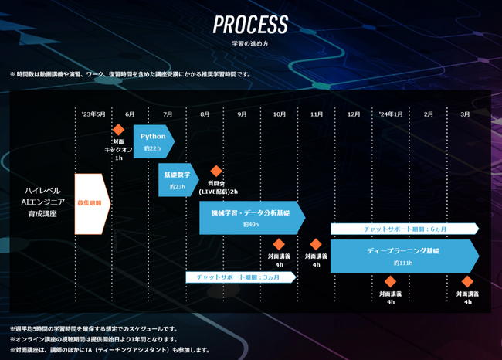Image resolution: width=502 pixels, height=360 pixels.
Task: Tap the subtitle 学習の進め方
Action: coord(250,43)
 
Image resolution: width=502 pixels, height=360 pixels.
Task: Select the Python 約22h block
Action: coord(153,141)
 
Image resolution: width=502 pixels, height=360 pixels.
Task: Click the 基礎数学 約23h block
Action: coord(177,180)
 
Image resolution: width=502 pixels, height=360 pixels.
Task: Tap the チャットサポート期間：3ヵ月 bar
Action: coord(240,277)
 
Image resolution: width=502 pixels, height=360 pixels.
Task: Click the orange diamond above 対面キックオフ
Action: coord(119,130)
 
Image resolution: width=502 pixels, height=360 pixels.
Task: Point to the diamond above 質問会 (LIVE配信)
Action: coord(217,171)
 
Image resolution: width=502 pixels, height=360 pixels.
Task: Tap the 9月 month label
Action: coord(242,114)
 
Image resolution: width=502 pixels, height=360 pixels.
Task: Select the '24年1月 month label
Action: coord(390,114)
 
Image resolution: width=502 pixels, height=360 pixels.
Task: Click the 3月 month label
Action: coord(465,114)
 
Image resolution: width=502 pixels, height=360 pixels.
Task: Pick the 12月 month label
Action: coord(354,114)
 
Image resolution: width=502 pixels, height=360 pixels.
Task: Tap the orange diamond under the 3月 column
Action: coord(466,282)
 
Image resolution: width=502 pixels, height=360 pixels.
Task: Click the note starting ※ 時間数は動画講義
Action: coord(130,74)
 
